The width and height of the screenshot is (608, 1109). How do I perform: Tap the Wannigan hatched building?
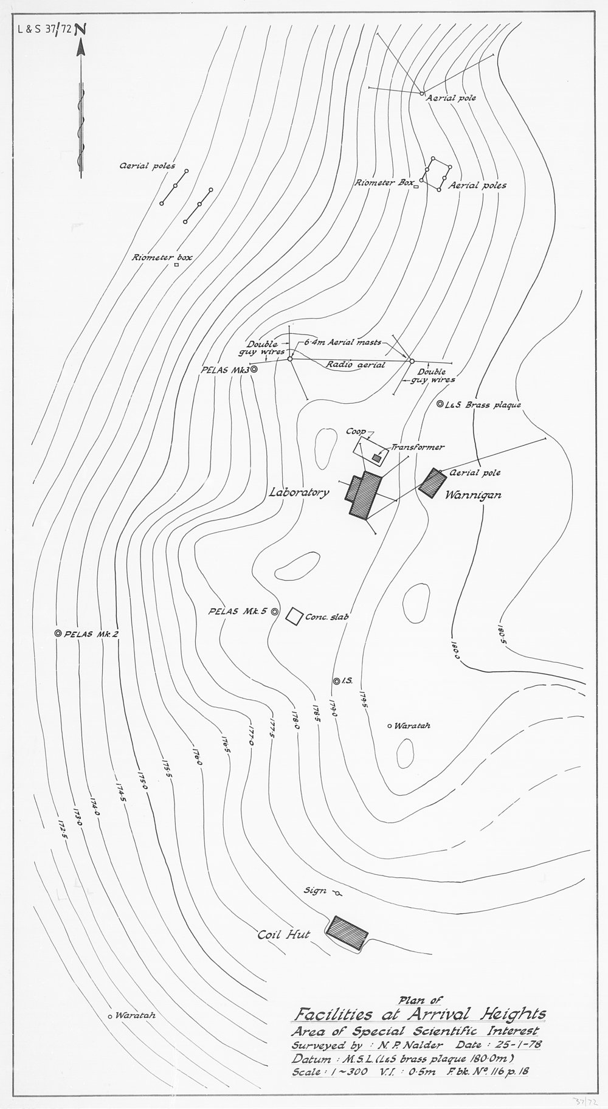(x=434, y=483)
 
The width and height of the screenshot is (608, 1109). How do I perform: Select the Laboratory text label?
(x=299, y=493)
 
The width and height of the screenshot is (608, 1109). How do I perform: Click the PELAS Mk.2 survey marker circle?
(x=58, y=634)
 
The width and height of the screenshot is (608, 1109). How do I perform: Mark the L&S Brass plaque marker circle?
(x=440, y=404)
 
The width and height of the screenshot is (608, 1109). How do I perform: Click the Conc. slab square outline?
(x=295, y=616)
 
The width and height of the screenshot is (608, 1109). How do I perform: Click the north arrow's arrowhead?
(x=80, y=50)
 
